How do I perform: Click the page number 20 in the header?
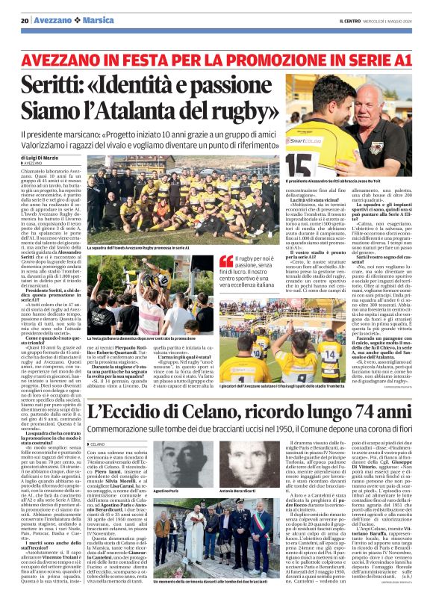click(25, 20)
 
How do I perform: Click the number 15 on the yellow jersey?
click(302, 161)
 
